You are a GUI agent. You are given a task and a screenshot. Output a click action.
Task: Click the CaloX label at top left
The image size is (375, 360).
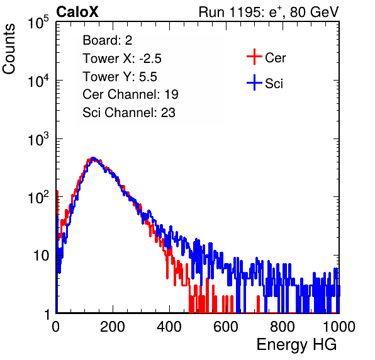(77, 12)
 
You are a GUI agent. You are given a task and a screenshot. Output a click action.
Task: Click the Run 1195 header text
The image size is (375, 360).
(269, 12)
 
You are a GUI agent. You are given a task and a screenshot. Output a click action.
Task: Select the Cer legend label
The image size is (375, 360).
(275, 58)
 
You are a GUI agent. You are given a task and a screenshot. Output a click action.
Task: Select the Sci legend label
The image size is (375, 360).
(274, 84)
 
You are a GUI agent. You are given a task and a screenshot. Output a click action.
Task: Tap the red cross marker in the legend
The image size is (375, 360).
(254, 57)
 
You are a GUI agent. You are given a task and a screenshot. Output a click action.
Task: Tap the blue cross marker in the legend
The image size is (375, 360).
(254, 82)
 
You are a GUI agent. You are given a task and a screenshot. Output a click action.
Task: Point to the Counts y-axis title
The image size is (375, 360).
(9, 48)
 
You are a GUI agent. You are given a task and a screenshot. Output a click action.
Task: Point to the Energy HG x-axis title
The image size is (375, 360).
(296, 345)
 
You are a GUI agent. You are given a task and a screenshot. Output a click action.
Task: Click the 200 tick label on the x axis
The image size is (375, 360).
(113, 327)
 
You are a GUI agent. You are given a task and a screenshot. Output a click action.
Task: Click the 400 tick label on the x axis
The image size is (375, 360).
(169, 327)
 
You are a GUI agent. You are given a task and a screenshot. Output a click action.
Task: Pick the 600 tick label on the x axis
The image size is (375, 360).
(226, 327)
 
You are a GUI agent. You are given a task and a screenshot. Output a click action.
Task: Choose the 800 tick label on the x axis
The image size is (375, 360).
(283, 327)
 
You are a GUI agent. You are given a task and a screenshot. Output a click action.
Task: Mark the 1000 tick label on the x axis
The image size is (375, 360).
(339, 327)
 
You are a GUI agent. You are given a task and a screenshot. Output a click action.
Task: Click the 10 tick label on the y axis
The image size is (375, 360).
(42, 256)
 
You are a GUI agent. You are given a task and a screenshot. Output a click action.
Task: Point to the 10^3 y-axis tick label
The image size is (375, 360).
(39, 139)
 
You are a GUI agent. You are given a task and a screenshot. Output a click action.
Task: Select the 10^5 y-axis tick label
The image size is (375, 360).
(39, 23)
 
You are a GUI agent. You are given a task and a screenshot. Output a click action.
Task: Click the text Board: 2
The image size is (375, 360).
(108, 40)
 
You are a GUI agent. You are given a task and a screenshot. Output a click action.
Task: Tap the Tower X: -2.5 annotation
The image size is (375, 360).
(122, 59)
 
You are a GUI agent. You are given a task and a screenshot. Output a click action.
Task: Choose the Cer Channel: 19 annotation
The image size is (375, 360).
(130, 94)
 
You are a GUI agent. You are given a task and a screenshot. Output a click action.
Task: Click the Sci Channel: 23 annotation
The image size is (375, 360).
(129, 113)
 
